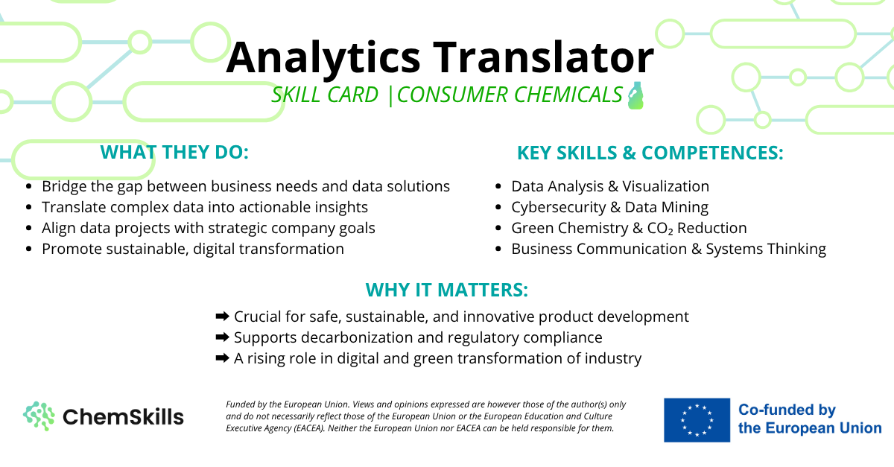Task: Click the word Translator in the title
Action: [x=543, y=58]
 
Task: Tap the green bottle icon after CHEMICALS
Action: [x=635, y=95]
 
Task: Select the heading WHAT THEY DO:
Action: [x=174, y=152]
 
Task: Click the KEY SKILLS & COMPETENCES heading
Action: [x=650, y=153]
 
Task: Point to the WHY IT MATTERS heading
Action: [x=446, y=290]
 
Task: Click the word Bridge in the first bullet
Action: [x=64, y=186]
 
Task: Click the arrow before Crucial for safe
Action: [x=222, y=317]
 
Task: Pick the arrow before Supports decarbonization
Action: [x=222, y=337]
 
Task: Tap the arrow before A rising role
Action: [x=222, y=358]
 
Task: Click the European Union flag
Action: [x=697, y=420]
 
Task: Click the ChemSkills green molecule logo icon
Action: [x=39, y=416]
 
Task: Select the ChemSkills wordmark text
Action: [x=124, y=417]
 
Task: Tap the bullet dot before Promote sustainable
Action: [x=28, y=249]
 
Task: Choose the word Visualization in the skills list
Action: [x=666, y=186]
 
